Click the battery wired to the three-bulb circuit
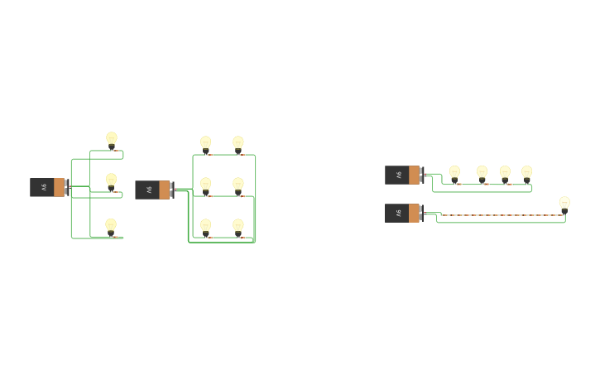[48, 187]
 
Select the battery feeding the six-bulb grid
[153, 190]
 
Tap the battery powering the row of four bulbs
[403, 175]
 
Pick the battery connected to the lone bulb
[403, 213]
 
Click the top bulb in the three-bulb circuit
[112, 139]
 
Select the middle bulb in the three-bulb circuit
[111, 180]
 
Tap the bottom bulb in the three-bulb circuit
[111, 225]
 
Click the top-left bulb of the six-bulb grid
[205, 143]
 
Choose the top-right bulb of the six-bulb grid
[238, 143]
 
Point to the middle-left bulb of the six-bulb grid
[205, 185]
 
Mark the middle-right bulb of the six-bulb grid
[238, 185]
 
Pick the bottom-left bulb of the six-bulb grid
[205, 225]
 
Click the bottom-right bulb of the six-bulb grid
[238, 225]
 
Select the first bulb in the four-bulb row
[454, 172]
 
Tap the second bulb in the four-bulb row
[482, 172]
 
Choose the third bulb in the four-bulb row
[505, 172]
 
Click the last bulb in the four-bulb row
[526, 172]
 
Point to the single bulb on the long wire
[564, 203]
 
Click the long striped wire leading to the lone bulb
[497, 215]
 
